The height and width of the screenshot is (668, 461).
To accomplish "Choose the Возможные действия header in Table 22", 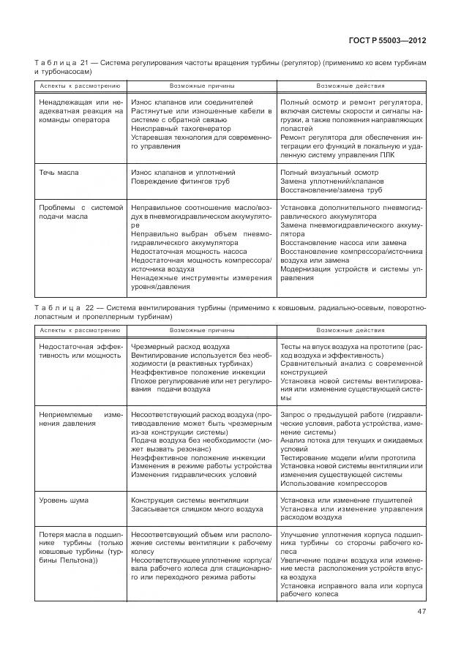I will [x=351, y=330].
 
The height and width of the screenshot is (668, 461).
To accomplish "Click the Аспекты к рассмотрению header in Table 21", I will [x=79, y=86].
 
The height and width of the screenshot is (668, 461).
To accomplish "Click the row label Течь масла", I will [x=59, y=173].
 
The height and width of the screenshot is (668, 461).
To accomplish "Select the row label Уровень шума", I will [x=63, y=500].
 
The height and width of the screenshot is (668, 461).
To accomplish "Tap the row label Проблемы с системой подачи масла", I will [x=80, y=212].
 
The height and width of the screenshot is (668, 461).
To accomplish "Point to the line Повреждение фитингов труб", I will [x=181, y=181].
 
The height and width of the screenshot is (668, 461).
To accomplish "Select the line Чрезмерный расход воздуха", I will [x=180, y=346].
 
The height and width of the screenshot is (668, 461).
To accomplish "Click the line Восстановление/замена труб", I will [x=331, y=190].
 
